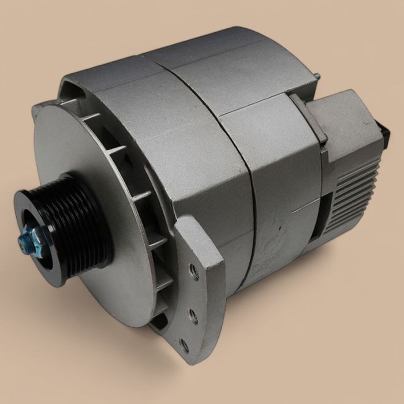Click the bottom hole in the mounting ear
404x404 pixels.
pyautogui.click(x=184, y=345)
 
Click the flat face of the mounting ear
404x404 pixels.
pyautogui.click(x=199, y=300)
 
